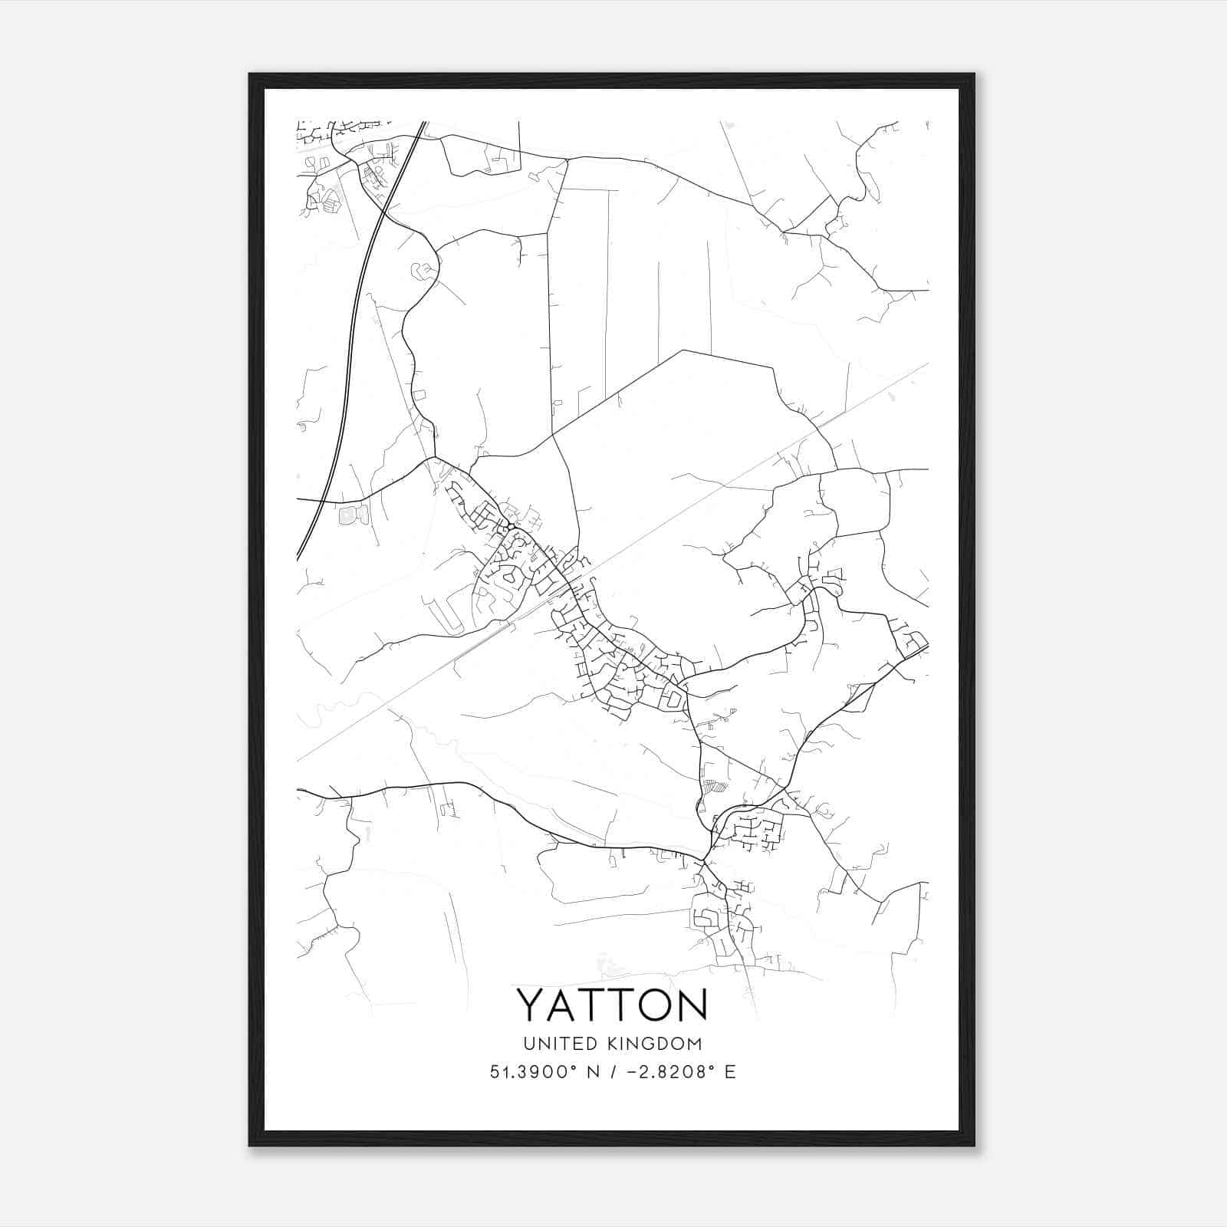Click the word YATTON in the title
click(x=612, y=1005)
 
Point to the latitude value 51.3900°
click(x=534, y=1072)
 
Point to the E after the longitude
click(x=729, y=1072)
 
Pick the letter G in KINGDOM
click(x=644, y=1044)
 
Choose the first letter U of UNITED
click(x=528, y=1044)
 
